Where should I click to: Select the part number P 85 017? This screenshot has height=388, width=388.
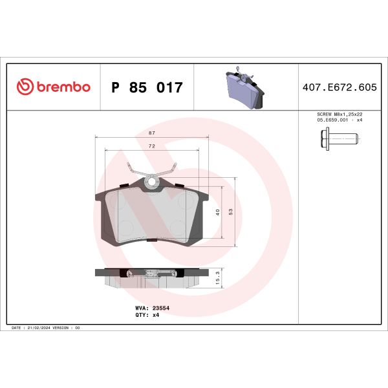tap(147, 87)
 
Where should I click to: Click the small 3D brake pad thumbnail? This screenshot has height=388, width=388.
tap(242, 89)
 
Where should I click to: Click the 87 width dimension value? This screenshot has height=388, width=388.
tap(152, 132)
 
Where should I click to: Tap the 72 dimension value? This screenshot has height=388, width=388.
tap(152, 147)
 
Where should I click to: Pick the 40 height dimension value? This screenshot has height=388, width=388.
tap(218, 212)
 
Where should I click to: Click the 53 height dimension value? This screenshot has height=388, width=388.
tap(231, 212)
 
